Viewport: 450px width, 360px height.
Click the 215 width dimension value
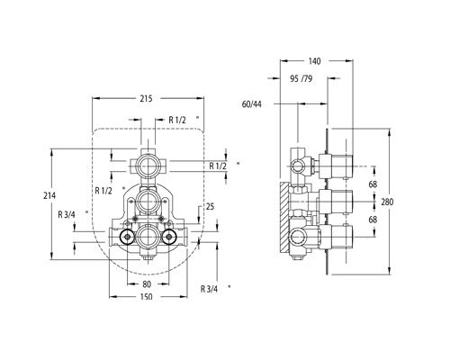(146, 98)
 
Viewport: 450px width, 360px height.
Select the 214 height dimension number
(49, 195)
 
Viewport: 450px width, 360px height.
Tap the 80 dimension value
(147, 283)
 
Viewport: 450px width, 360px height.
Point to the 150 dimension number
(147, 297)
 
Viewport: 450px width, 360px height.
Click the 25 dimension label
(211, 206)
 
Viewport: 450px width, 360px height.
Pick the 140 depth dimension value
(314, 61)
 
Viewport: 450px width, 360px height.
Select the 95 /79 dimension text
(301, 78)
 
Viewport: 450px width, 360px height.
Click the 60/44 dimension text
(252, 104)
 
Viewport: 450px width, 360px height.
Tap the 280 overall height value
(387, 202)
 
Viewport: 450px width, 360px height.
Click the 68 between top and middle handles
(373, 184)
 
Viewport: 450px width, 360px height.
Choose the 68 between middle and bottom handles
(373, 220)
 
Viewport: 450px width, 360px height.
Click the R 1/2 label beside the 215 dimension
(177, 120)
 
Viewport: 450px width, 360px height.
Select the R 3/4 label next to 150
(209, 289)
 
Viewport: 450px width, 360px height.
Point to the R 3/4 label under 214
(67, 214)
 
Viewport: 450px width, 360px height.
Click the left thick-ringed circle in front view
(127, 237)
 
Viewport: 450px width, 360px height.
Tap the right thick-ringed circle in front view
(169, 237)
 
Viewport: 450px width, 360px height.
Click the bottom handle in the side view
(336, 237)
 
